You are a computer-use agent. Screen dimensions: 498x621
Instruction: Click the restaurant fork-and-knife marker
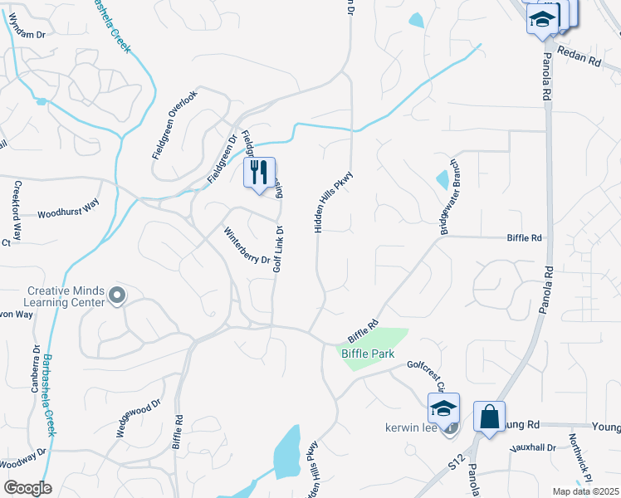(x=259, y=173)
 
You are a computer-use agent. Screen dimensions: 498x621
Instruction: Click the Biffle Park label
(x=368, y=354)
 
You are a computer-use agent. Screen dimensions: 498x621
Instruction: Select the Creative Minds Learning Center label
(x=66, y=296)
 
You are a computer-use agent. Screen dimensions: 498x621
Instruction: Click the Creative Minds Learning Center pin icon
(x=117, y=295)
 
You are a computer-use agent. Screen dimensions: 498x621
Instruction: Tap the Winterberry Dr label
(x=247, y=246)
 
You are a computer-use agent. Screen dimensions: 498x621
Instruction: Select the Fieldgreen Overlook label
(x=175, y=124)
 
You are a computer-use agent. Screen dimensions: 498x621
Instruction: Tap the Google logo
(x=27, y=488)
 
